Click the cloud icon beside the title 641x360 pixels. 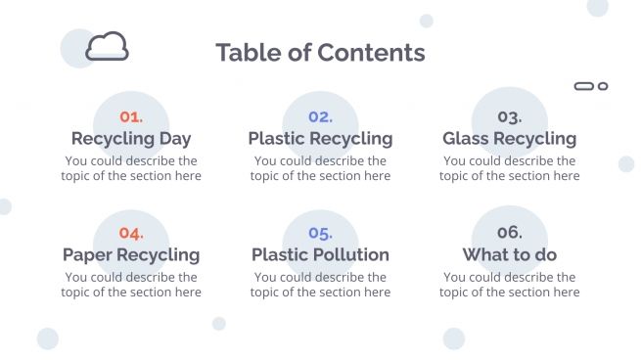[107, 46]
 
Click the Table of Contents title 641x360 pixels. [320, 53]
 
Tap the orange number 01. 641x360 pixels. [131, 116]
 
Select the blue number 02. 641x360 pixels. [320, 116]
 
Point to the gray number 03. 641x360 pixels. [509, 116]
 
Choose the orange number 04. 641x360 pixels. [131, 233]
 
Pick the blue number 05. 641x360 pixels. [320, 233]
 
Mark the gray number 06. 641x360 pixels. [509, 233]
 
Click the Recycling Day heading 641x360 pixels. [131, 139]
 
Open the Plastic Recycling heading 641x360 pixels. [320, 139]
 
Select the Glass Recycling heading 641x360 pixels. [509, 139]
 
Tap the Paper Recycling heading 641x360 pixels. [131, 255]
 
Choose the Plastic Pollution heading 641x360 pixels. [320, 255]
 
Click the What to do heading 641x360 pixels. [509, 255]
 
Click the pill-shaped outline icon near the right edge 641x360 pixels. [584, 86]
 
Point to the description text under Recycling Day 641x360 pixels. [131, 168]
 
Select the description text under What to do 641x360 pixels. [509, 285]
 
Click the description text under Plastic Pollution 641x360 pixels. [320, 285]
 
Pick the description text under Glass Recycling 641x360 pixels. [509, 168]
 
